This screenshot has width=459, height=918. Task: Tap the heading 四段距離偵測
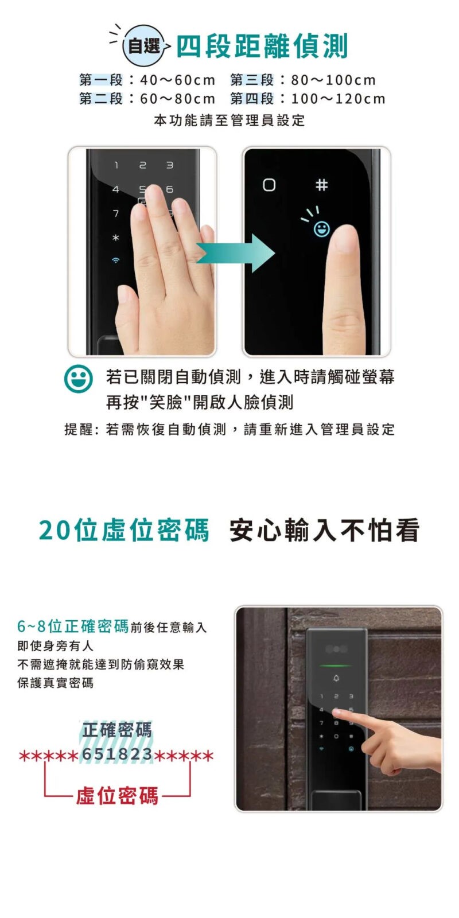[262, 46]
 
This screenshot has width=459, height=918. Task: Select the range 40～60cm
[177, 80]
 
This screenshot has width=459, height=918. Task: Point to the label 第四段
[252, 99]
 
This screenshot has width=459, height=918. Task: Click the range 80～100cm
[333, 80]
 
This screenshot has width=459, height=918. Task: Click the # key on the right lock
[322, 185]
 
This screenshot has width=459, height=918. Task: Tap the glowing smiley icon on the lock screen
[321, 229]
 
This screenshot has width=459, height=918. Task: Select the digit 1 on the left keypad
[116, 165]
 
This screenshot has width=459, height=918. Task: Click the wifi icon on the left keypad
[116, 260]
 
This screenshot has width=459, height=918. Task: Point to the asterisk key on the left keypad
[116, 238]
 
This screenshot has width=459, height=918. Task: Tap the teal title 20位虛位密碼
[124, 530]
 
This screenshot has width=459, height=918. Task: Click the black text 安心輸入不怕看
[324, 530]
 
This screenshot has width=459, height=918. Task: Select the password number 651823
[117, 754]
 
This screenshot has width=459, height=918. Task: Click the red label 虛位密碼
[117, 796]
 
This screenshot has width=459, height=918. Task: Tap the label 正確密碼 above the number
[117, 730]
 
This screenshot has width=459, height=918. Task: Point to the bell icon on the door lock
[336, 679]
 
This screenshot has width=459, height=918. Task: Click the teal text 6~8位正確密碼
[73, 626]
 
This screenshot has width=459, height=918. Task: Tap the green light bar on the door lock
[336, 666]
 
